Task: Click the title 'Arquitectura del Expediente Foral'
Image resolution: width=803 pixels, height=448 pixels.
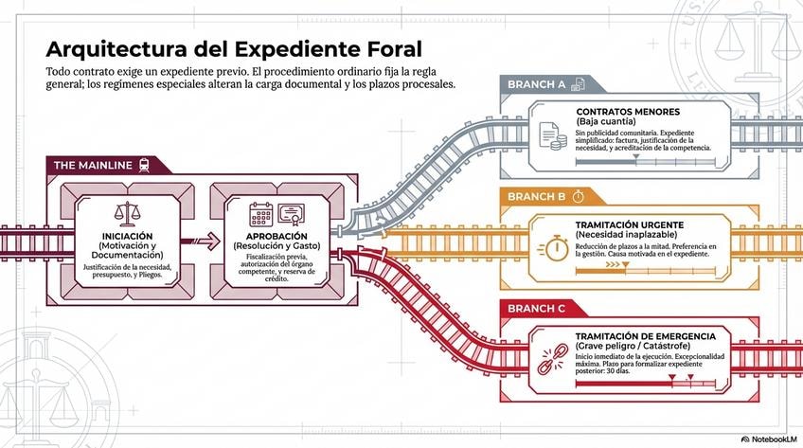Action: click(234, 48)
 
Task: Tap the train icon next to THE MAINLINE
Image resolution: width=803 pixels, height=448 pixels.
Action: click(142, 164)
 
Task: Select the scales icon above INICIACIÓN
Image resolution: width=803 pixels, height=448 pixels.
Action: click(126, 212)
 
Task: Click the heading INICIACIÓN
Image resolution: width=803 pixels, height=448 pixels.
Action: click(127, 235)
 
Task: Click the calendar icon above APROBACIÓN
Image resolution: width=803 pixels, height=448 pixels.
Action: click(260, 213)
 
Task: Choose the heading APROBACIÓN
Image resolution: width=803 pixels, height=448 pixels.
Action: click(277, 235)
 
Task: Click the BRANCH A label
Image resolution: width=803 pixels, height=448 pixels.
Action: click(536, 84)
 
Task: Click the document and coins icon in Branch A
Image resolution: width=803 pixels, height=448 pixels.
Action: click(552, 136)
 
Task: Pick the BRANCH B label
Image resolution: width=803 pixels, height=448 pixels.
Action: click(536, 196)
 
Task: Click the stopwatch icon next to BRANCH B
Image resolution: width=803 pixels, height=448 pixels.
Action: click(578, 195)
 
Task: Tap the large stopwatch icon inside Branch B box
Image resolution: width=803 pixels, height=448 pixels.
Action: click(555, 249)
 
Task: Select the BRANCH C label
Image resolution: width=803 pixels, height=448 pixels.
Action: click(536, 309)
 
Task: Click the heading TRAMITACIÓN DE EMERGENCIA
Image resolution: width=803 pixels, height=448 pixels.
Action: click(645, 336)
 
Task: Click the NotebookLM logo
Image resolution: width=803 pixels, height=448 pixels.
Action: click(768, 439)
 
